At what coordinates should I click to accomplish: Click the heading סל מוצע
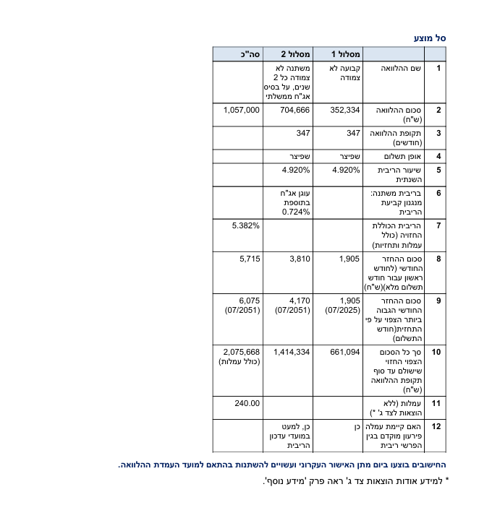tap(430, 38)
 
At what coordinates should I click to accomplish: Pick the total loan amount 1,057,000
tap(241, 110)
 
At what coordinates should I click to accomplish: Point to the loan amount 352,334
tap(345, 110)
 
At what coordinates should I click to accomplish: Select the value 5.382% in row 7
tap(245, 226)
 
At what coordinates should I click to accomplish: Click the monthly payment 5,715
tap(249, 258)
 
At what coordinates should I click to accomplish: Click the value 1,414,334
tap(292, 351)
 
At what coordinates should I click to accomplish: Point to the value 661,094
tap(345, 351)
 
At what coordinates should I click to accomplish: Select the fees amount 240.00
tap(247, 402)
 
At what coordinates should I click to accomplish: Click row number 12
tap(436, 426)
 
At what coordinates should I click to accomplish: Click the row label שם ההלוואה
tap(401, 68)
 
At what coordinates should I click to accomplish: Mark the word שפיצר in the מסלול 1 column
tap(349, 156)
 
